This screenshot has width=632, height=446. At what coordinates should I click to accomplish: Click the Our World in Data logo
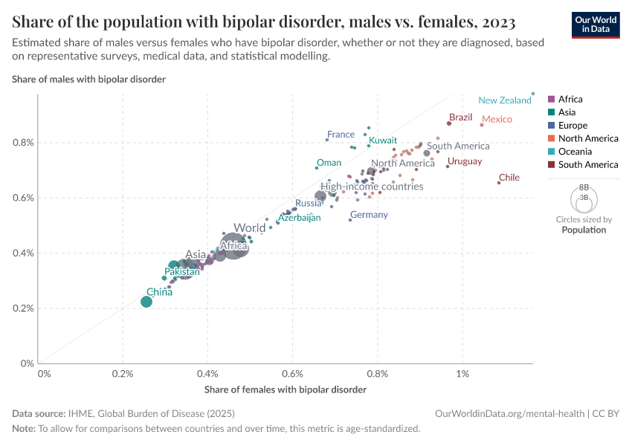(595, 24)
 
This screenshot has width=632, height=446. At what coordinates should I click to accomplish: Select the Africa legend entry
(570, 99)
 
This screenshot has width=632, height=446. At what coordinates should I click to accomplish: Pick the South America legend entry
(583, 164)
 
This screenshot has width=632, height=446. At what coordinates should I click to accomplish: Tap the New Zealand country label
(505, 100)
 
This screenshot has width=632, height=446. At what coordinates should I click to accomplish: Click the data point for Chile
(499, 183)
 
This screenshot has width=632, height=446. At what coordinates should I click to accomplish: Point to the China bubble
(146, 302)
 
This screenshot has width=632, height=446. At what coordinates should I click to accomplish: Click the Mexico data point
(482, 125)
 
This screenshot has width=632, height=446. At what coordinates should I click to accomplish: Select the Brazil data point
(449, 123)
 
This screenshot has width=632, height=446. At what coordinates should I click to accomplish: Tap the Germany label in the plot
(369, 215)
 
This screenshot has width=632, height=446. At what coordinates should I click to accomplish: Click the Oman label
(329, 163)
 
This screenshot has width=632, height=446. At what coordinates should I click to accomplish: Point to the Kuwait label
(383, 140)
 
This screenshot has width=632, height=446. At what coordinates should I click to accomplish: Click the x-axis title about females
(286, 390)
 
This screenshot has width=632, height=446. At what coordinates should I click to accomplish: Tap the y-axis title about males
(88, 79)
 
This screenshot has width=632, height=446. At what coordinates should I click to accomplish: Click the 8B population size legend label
(584, 188)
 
